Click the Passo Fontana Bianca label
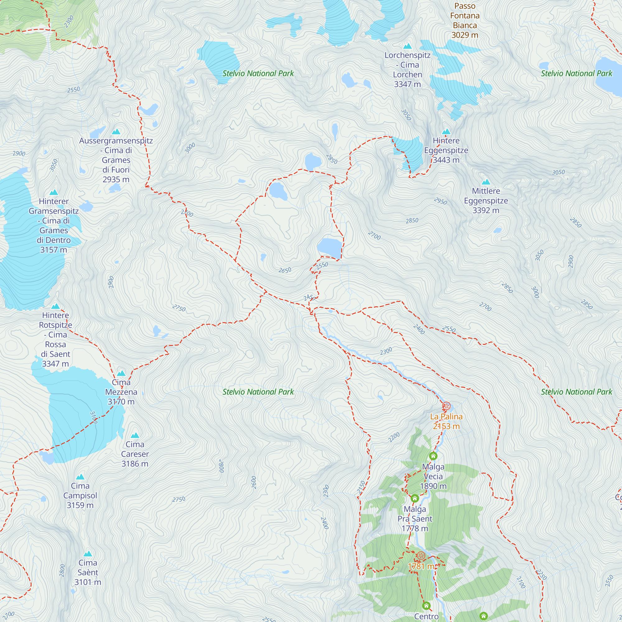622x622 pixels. (465, 21)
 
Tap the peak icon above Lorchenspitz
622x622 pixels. (408, 46)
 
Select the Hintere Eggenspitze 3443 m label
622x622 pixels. (446, 150)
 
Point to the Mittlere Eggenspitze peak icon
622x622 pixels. (486, 182)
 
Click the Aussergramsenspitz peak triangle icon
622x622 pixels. (116, 132)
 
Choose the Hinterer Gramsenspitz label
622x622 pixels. (54, 225)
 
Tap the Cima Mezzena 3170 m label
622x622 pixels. (121, 392)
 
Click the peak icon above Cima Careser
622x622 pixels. (135, 435)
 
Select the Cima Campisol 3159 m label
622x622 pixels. (80, 495)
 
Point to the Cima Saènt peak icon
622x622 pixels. (88, 554)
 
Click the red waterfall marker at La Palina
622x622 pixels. (446, 406)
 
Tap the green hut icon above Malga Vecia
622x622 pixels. (433, 456)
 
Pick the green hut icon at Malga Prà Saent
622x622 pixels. (415, 498)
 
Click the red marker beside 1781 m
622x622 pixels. (421, 556)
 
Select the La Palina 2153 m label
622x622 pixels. (446, 421)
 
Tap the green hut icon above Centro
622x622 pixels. (426, 606)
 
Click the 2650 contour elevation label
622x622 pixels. (285, 270)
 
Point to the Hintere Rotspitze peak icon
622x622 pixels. (56, 306)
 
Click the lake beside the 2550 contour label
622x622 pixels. (329, 247)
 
